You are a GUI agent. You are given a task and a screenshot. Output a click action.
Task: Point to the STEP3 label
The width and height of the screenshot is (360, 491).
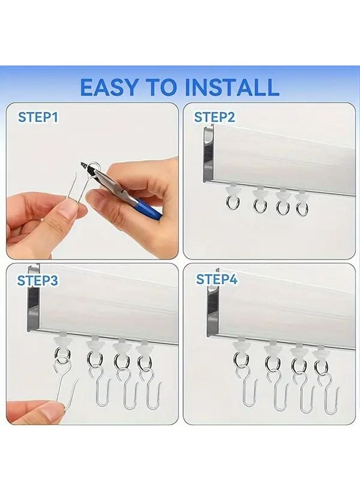[38, 280]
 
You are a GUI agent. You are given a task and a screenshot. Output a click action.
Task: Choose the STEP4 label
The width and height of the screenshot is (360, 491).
[217, 280]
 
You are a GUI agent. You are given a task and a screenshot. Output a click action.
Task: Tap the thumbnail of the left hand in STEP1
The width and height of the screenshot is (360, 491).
[65, 210]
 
